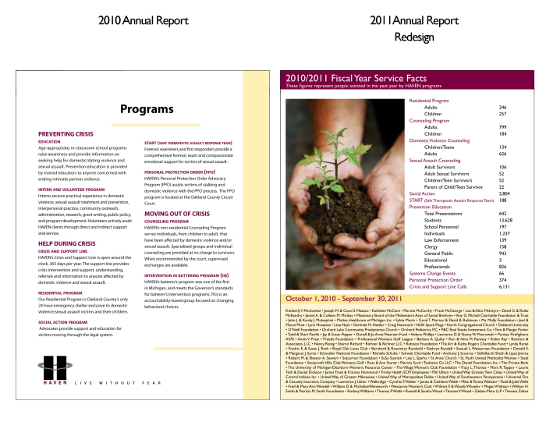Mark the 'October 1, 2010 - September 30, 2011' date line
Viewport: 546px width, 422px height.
coord(343,299)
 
